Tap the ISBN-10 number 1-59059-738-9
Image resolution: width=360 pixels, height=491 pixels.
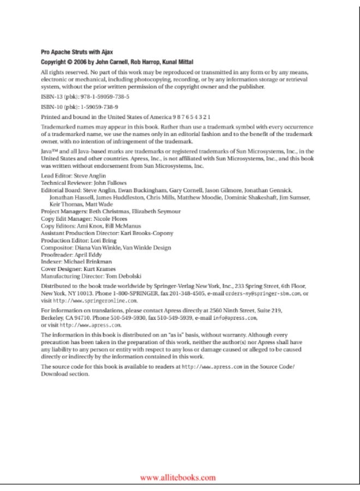pos(100,106)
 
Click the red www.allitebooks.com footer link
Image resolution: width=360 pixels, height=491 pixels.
pos(178,478)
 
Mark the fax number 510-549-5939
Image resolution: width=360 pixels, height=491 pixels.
pos(177,317)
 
